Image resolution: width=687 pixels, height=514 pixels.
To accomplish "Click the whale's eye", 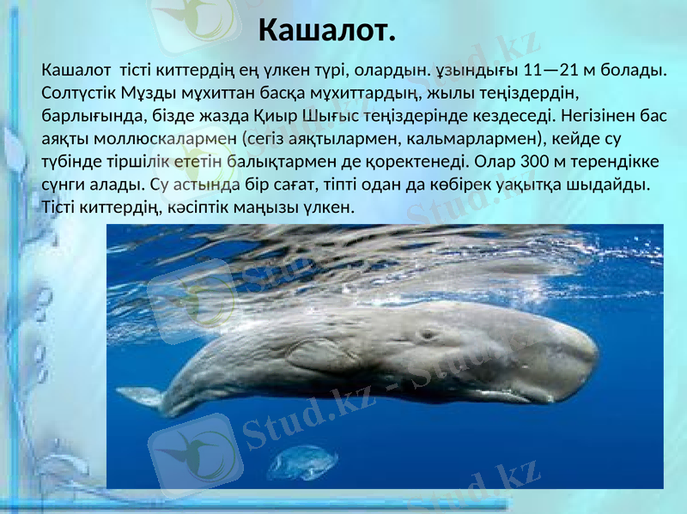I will point(427,335).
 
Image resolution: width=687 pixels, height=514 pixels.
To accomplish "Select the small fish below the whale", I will point(301,463).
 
